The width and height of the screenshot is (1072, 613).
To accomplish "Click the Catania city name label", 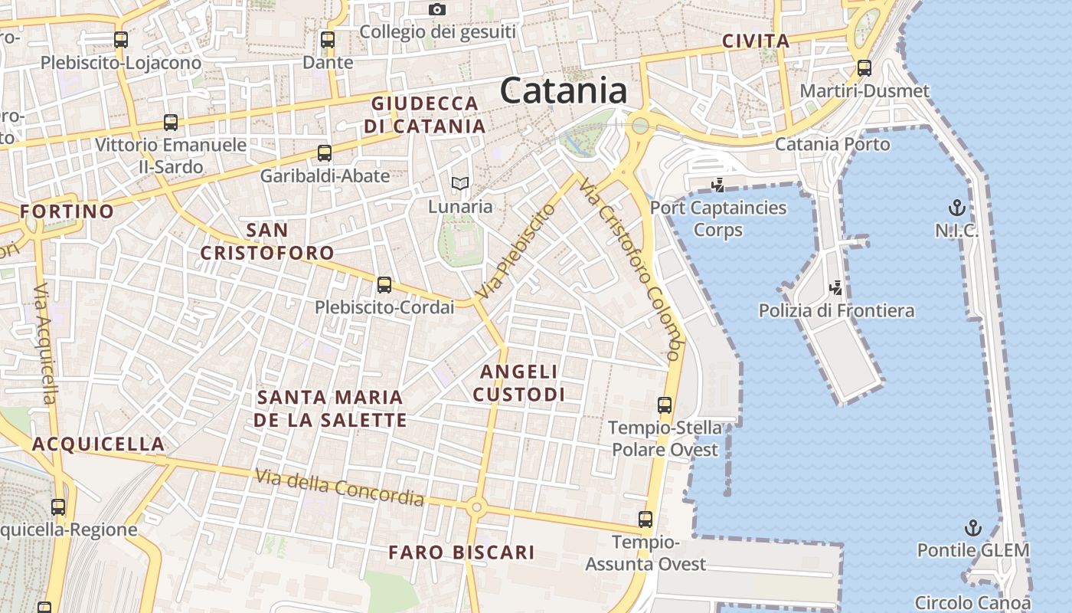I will tap(564, 90).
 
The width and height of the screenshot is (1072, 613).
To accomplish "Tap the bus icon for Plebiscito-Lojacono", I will tap(120, 40).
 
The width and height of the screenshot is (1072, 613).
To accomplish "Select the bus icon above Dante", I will tap(328, 40).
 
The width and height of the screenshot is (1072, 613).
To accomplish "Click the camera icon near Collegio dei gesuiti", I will tap(437, 9).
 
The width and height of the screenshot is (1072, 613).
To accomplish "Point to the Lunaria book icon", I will tap(459, 183).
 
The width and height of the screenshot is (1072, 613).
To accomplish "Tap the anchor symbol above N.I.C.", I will tap(956, 207).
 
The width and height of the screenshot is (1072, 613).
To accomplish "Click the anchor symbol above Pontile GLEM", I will tap(972, 527).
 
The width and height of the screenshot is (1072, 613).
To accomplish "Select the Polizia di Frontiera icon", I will tap(836, 288).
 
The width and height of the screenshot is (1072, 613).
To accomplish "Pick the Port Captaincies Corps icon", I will tap(717, 185).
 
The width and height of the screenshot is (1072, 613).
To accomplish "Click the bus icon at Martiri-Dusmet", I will tap(864, 68).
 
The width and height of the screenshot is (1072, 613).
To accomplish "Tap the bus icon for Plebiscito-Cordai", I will tap(384, 285).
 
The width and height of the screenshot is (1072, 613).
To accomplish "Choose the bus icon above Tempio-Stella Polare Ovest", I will tap(665, 405).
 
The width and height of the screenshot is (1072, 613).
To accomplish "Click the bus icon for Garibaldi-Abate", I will tap(325, 152).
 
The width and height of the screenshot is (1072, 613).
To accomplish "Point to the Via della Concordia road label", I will tap(339, 487).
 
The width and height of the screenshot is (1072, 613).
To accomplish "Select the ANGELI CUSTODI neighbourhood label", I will tap(518, 382).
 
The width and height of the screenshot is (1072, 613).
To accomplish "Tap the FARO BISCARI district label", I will tap(461, 552).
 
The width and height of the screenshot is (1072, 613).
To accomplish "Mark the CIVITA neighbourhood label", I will tap(755, 41).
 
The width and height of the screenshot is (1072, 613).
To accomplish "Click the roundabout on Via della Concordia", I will tap(476, 506).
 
